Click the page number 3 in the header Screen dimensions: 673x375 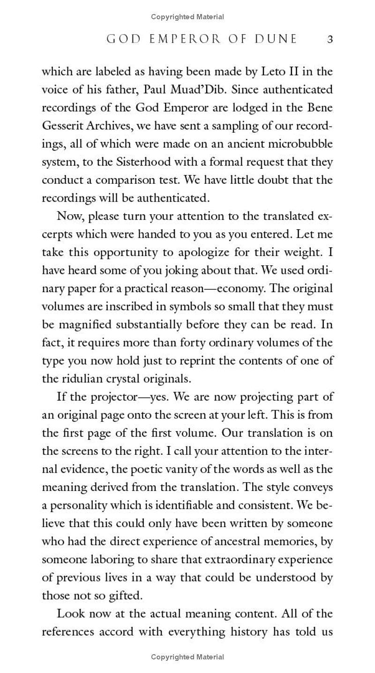tap(330, 39)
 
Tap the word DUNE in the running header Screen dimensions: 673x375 tap(274, 39)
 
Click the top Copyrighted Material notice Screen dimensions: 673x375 tap(187, 17)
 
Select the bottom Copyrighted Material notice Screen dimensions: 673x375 tap(187, 657)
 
